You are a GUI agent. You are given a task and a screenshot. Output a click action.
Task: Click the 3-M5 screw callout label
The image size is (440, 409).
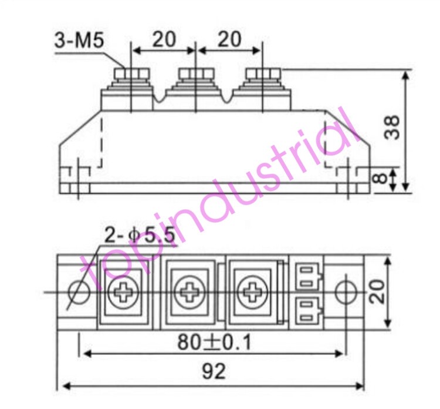(x=79, y=41)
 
